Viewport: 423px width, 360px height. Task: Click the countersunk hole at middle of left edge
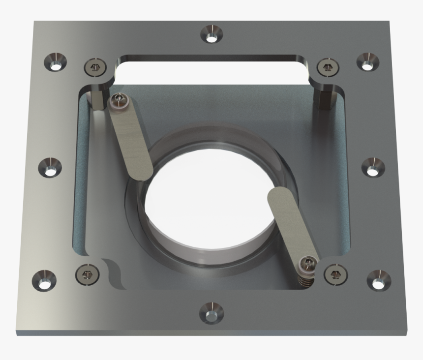point(50,168)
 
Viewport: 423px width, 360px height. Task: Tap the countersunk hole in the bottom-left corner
point(44,280)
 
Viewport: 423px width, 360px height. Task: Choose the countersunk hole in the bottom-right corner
point(379,279)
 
